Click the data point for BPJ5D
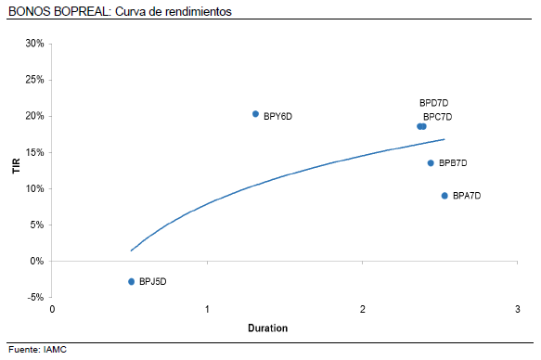click(132, 281)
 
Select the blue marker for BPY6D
click(255, 114)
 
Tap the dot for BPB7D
click(431, 163)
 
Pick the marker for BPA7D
click(444, 196)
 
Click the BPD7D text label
click(433, 103)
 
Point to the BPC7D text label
click(437, 117)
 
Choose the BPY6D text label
click(277, 116)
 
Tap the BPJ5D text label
click(153, 281)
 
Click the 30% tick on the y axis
click(35, 44)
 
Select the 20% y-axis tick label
click(35, 116)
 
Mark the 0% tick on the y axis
click(38, 261)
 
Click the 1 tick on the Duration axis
click(207, 309)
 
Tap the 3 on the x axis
click(517, 309)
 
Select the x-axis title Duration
click(268, 328)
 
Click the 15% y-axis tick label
click(35, 152)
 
